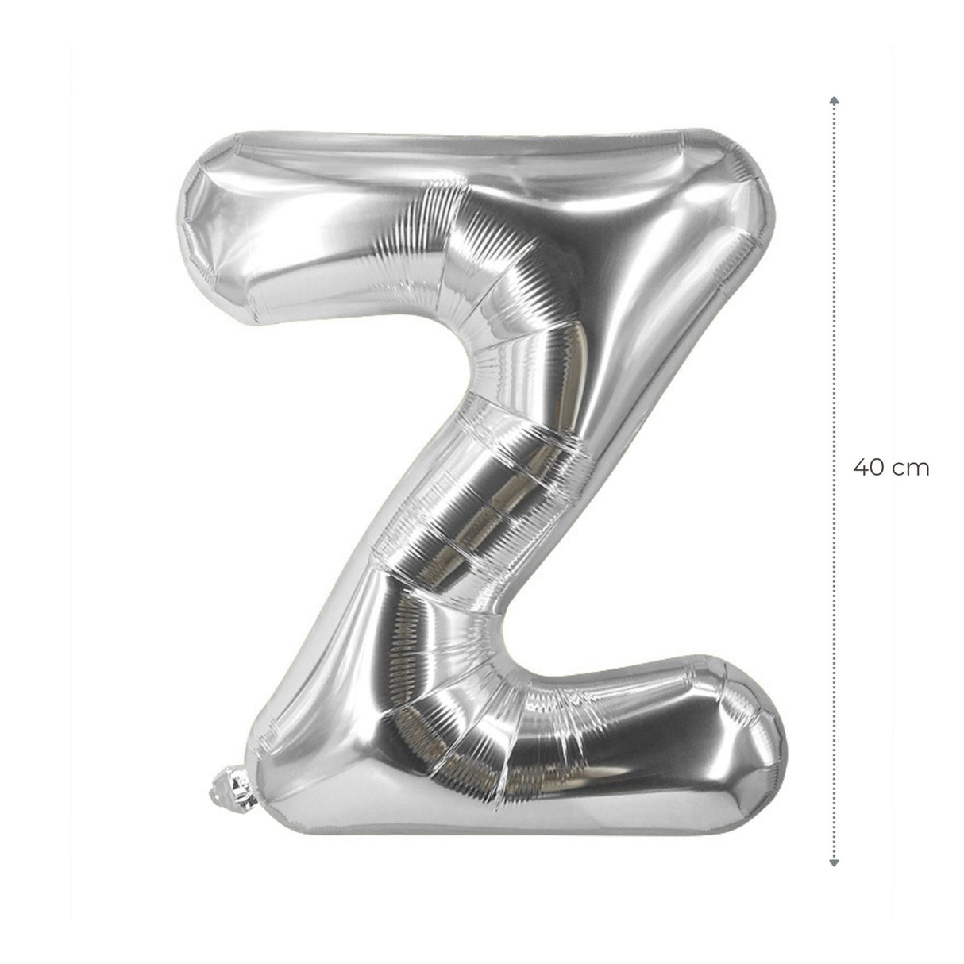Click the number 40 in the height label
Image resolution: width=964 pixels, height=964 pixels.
[x=870, y=469]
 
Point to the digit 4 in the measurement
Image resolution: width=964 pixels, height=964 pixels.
[x=861, y=469]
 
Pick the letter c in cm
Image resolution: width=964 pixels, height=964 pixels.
[x=900, y=470]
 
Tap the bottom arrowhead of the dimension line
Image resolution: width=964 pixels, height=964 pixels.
[x=834, y=833]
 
